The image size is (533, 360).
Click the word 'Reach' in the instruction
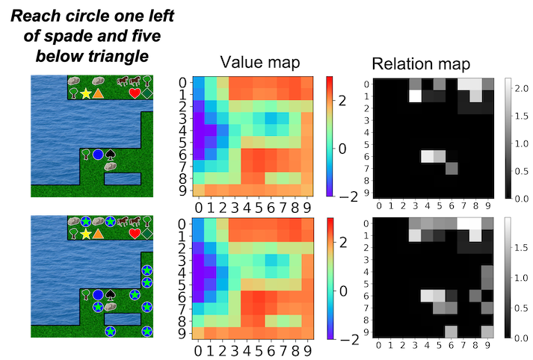point(33,16)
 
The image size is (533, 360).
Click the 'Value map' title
point(260,63)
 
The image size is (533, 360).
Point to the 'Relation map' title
point(421,63)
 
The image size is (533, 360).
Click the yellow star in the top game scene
point(86,93)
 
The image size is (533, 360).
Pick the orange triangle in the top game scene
point(98,93)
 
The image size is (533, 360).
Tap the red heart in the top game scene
point(135,93)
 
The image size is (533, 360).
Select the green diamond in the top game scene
point(147,93)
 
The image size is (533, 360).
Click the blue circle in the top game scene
point(98,155)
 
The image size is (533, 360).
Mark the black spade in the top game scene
point(111,155)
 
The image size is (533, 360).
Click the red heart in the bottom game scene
point(135,234)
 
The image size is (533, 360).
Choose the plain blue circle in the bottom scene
point(98,295)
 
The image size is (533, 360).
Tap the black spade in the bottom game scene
point(111,295)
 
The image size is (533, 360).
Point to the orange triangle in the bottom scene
point(98,234)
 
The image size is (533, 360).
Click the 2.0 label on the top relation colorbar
point(522,89)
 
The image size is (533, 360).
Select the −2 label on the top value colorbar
point(348,197)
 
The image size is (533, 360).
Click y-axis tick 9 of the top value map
point(183,191)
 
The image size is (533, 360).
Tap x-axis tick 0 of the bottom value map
point(198,351)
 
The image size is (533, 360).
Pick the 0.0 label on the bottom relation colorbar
point(522,338)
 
